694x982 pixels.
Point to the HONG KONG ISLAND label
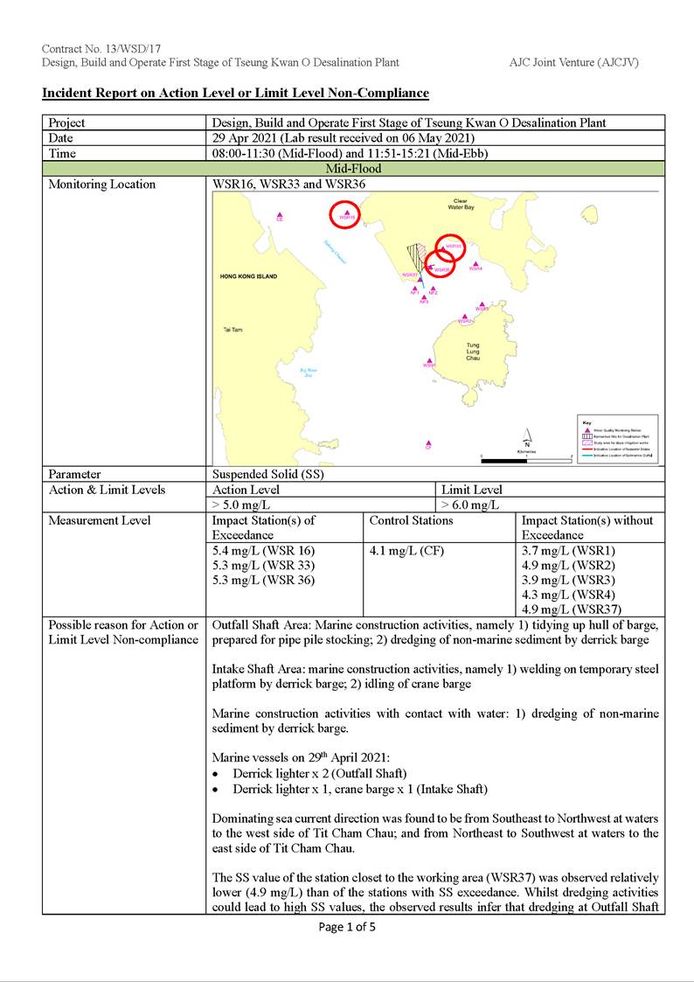coord(249,276)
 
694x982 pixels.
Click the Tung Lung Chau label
coord(472,350)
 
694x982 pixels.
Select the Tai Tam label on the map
coord(232,330)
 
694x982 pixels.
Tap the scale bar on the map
coord(525,460)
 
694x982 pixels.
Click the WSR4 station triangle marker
coord(475,262)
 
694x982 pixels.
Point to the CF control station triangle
coord(428,442)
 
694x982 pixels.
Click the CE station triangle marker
coord(280,214)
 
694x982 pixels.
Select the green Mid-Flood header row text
coord(353,169)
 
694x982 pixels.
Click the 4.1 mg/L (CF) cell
coord(401,551)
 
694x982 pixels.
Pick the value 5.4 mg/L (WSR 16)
coord(263,551)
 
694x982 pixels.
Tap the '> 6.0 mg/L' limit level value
coord(470,505)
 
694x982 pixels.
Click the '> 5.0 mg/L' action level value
coord(241,505)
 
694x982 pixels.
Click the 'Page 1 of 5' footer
coord(347,927)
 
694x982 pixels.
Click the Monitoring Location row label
coord(102,185)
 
